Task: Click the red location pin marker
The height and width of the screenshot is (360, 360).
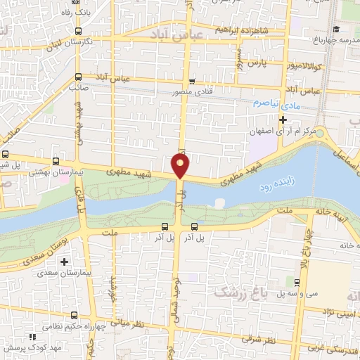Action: (x=181, y=165)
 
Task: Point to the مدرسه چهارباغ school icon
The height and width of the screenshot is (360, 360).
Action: (x=337, y=29)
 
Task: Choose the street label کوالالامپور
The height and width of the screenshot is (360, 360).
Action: (x=304, y=65)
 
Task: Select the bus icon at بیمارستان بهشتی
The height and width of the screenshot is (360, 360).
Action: (x=57, y=160)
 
